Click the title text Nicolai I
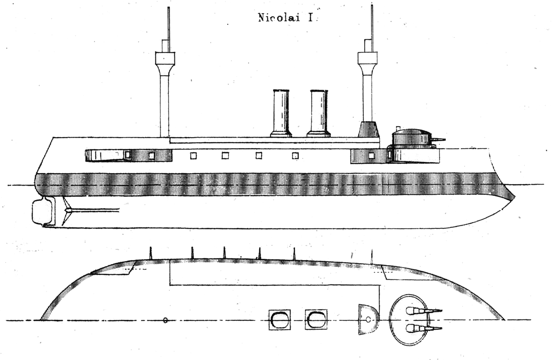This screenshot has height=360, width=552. [x=286, y=18]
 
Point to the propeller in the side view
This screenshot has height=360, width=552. [x=67, y=211]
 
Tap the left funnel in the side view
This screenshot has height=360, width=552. [x=281, y=113]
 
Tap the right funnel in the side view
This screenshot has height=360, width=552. [x=319, y=113]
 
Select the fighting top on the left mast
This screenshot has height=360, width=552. [x=165, y=58]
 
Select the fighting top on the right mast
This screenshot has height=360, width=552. [x=367, y=58]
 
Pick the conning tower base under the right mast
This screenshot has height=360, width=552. [x=368, y=129]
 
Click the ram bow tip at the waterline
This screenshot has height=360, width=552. [x=515, y=197]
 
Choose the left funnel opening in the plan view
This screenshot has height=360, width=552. [x=279, y=319]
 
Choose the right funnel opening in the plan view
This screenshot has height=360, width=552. [x=316, y=319]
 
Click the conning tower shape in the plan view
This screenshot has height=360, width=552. [x=368, y=319]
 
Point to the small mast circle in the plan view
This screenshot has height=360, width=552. [x=166, y=320]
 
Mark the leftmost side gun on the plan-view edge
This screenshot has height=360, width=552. [x=151, y=253]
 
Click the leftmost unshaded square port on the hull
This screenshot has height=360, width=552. [x=194, y=156]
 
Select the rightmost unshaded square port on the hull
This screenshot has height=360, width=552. [x=295, y=156]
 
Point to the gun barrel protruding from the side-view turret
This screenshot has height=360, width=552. [x=438, y=139]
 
